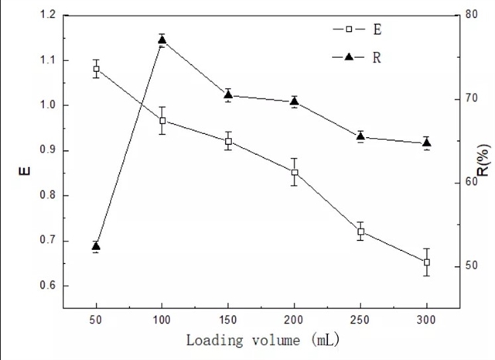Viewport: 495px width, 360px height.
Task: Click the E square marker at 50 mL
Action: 96,69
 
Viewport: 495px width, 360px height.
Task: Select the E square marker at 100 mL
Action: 162,120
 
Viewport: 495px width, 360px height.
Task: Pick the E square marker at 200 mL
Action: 295,172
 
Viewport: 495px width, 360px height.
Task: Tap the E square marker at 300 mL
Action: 426,262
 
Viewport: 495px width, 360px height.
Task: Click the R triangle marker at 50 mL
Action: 96,246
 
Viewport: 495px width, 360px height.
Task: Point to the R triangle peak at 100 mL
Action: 162,39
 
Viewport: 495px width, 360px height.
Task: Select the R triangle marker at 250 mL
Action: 360,136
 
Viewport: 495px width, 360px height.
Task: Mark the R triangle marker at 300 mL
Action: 426,142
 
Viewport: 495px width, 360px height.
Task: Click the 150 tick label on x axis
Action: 228,318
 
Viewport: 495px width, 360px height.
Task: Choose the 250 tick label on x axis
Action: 360,318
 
